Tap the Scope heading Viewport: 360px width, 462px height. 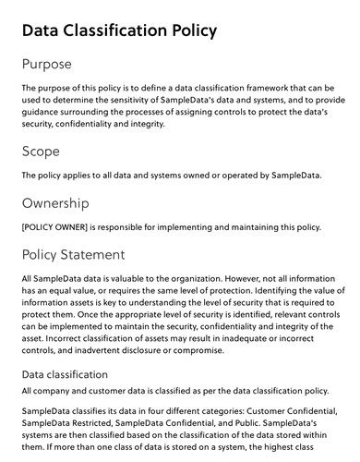(x=42, y=150)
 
